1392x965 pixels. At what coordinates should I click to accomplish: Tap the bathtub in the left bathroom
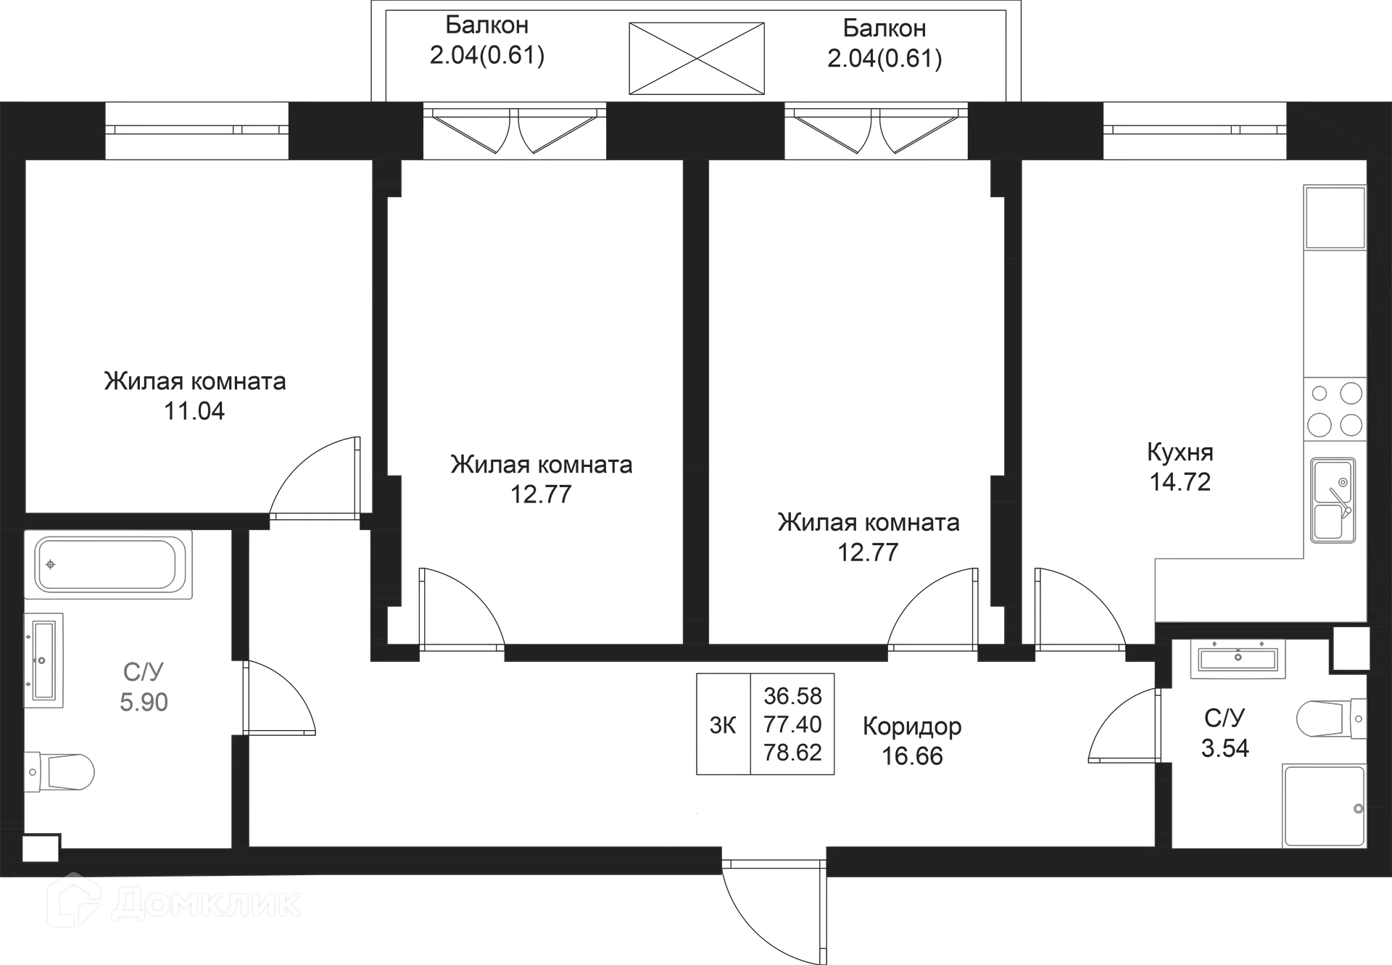pyautogui.click(x=109, y=565)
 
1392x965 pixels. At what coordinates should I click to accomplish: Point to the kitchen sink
pyautogui.click(x=1333, y=500)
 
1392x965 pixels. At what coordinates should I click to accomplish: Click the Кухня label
pyautogui.click(x=1180, y=453)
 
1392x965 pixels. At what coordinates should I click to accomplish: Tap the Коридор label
pyautogui.click(x=911, y=726)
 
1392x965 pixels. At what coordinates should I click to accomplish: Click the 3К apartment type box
pyautogui.click(x=721, y=725)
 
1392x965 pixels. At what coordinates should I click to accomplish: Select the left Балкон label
pyautogui.click(x=487, y=25)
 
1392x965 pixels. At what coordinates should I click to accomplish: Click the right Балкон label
pyautogui.click(x=884, y=29)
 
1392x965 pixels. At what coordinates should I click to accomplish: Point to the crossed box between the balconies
pyautogui.click(x=696, y=57)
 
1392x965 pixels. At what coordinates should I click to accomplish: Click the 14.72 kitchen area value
pyautogui.click(x=1180, y=482)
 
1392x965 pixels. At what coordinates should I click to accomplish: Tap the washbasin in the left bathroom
pyautogui.click(x=46, y=658)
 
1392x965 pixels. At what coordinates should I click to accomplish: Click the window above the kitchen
pyautogui.click(x=1193, y=131)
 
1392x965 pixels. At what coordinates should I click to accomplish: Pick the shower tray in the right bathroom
pyautogui.click(x=1322, y=805)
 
